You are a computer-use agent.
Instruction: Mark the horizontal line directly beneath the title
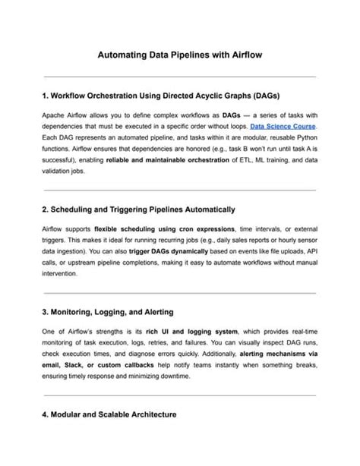[180, 77]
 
